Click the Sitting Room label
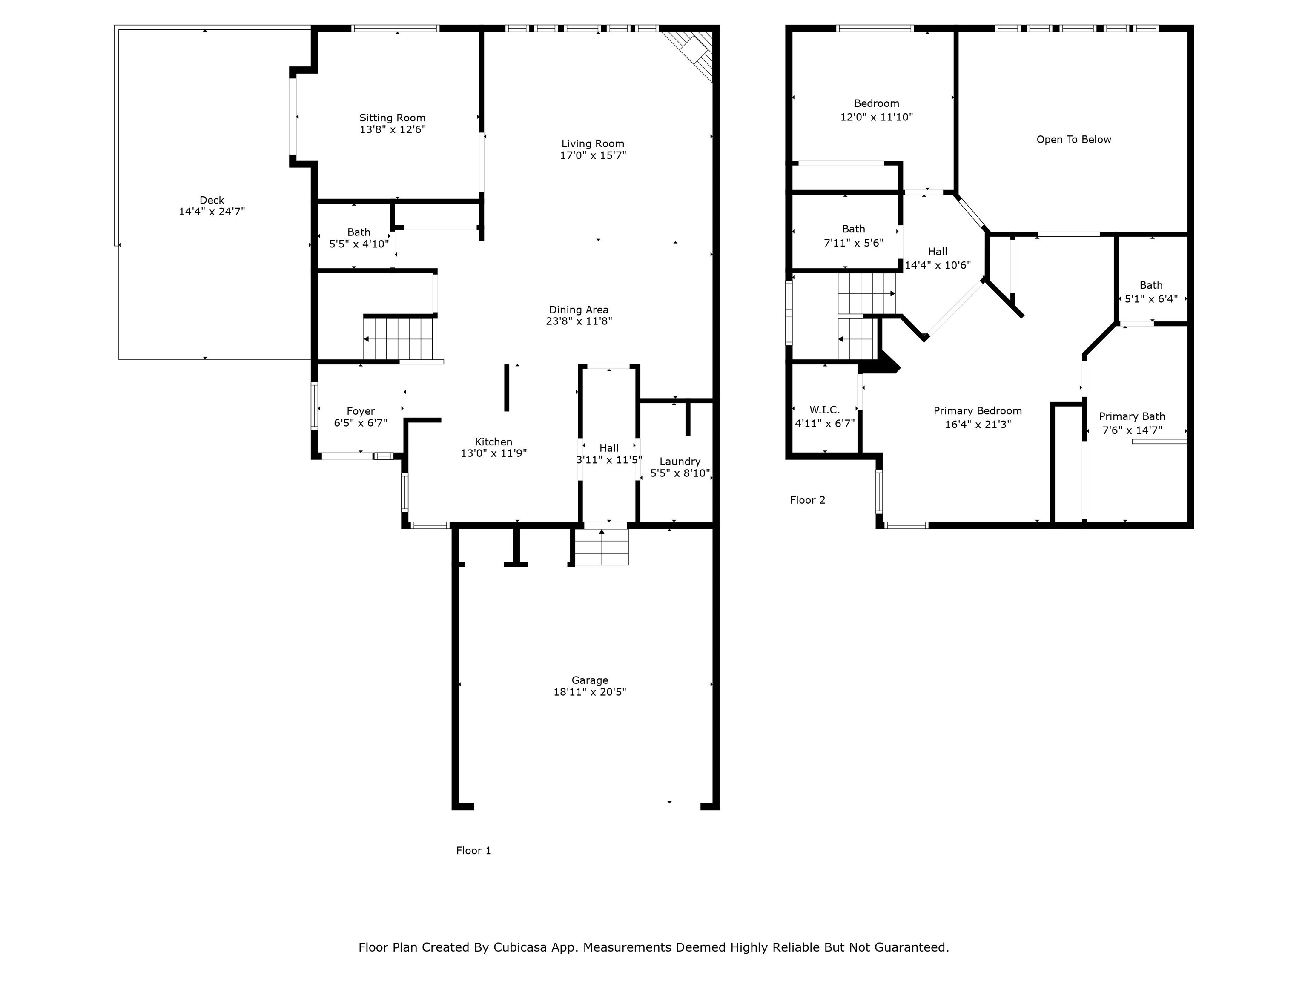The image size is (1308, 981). [x=392, y=118]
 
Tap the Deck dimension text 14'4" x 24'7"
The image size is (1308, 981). [x=212, y=212]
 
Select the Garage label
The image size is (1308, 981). [x=590, y=680]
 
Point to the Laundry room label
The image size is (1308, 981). [x=680, y=461]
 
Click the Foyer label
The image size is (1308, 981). [x=361, y=411]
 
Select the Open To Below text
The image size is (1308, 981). [x=1073, y=140]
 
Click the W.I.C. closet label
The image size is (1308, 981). [x=824, y=410]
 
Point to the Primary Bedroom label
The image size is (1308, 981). [x=978, y=411]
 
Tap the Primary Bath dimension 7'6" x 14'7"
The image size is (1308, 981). [x=1132, y=430]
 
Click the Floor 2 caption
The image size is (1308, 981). [x=807, y=500]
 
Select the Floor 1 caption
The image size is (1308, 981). [x=473, y=850]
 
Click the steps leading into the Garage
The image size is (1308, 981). [x=601, y=547]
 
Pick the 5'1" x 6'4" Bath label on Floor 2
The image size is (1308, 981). [x=1151, y=292]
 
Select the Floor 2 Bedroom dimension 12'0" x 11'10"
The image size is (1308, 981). [x=876, y=117]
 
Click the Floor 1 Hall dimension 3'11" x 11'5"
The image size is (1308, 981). [x=608, y=459]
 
